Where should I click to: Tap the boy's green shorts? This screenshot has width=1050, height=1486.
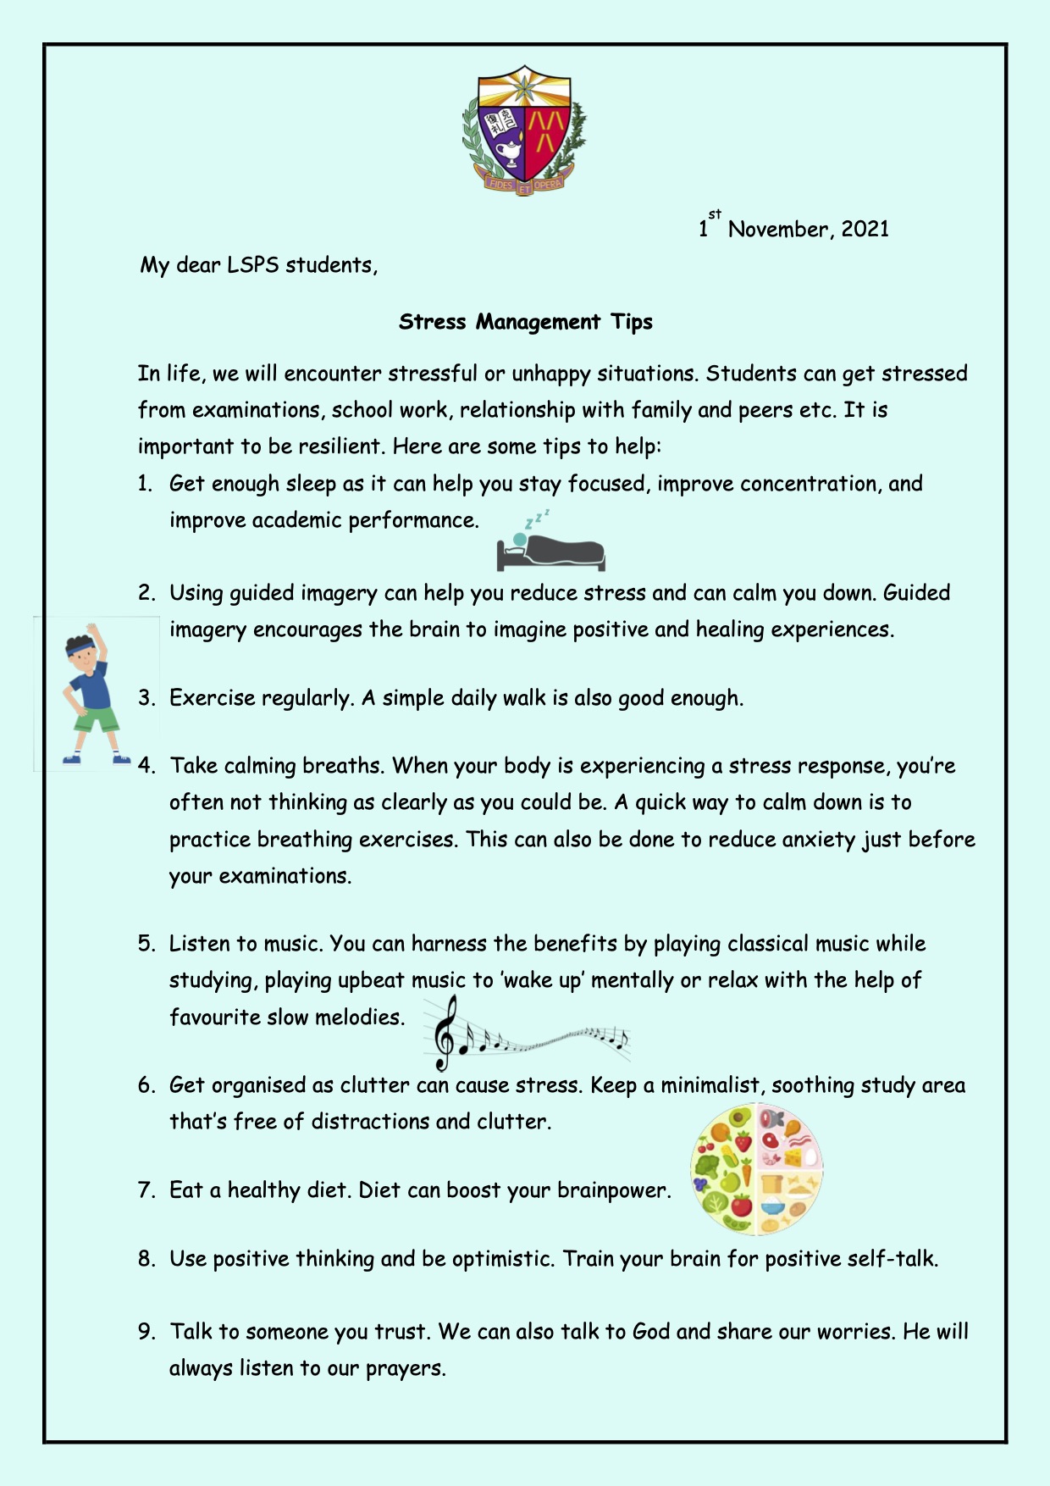click(95, 720)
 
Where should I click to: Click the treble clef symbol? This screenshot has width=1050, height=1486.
click(444, 1033)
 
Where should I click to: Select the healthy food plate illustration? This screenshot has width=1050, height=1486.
click(756, 1169)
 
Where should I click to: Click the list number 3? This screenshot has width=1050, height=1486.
click(146, 699)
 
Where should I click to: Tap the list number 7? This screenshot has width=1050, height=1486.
click(146, 1191)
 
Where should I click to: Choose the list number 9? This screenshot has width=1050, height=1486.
click(146, 1332)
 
